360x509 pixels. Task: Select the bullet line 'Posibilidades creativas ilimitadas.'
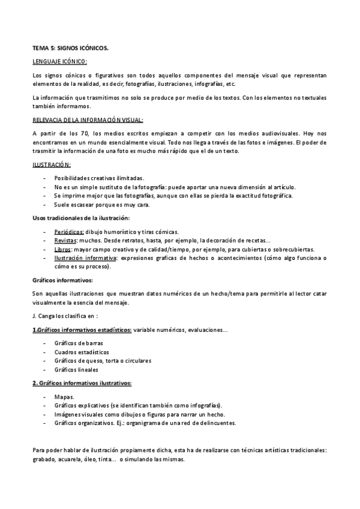tap(99, 178)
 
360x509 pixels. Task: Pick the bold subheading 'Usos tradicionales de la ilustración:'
tap(81, 218)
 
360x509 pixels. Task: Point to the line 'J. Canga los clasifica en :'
tap(65, 315)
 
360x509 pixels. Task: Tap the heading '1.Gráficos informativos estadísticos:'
tap(82, 330)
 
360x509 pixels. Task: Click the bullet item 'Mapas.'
tap(64, 397)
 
